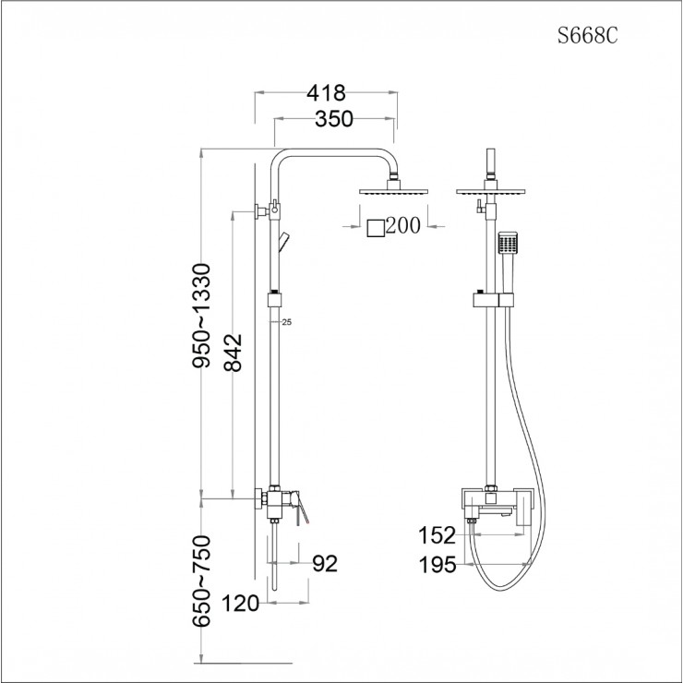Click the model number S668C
pyautogui.click(x=586, y=38)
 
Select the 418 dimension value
pyautogui.click(x=326, y=93)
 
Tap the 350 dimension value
pyautogui.click(x=335, y=120)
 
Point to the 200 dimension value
pyautogui.click(x=403, y=225)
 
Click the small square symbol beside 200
pyautogui.click(x=375, y=226)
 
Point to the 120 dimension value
pyautogui.click(x=241, y=605)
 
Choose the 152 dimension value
pyautogui.click(x=437, y=535)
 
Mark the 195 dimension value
pyautogui.click(x=437, y=565)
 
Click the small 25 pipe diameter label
pyautogui.click(x=286, y=322)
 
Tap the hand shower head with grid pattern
pyautogui.click(x=507, y=244)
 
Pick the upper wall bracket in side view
pyautogui.click(x=262, y=211)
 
